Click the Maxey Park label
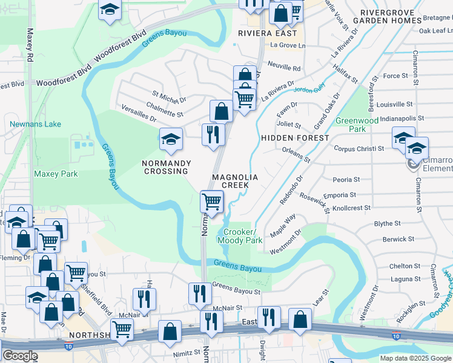(56, 174)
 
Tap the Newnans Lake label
(35, 124)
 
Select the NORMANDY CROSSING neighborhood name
(166, 167)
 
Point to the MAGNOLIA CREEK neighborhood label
(235, 181)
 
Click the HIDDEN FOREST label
(295, 138)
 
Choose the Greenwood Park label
(357, 125)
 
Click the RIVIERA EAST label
(262, 33)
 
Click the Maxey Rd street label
(30, 45)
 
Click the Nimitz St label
(184, 352)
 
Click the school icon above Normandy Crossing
(171, 139)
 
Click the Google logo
(20, 356)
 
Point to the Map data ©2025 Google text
(415, 358)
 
